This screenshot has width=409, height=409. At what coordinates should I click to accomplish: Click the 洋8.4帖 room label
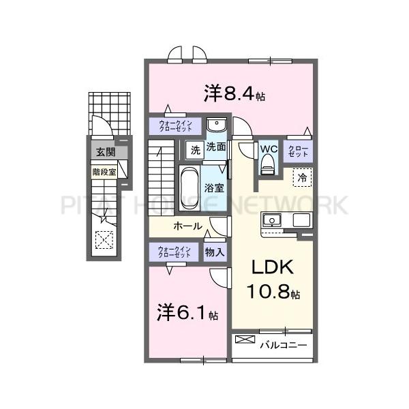tap(234, 93)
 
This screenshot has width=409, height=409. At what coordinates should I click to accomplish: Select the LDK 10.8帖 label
tap(271, 279)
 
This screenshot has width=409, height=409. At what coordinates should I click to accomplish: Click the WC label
tap(267, 148)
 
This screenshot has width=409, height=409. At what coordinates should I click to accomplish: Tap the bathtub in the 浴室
tap(190, 183)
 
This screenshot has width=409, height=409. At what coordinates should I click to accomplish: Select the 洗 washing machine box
tap(195, 149)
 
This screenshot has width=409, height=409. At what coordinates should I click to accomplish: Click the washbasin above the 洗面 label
tap(217, 127)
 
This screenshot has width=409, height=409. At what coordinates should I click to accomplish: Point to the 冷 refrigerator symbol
tap(301, 176)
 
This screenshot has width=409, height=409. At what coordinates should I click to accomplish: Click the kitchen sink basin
tap(273, 219)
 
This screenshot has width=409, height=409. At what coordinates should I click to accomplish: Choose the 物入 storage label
tap(215, 252)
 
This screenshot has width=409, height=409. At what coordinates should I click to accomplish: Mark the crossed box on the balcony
tap(243, 339)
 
